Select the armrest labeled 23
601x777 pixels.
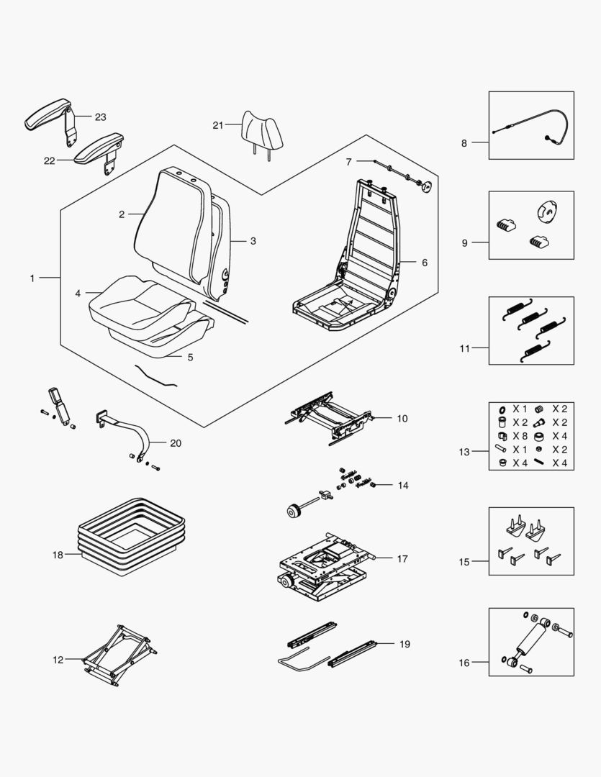tap(49, 116)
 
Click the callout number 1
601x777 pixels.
tap(32, 278)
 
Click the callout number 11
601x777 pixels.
tap(464, 349)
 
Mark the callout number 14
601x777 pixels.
tap(402, 486)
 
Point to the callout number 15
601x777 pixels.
tap(464, 562)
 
